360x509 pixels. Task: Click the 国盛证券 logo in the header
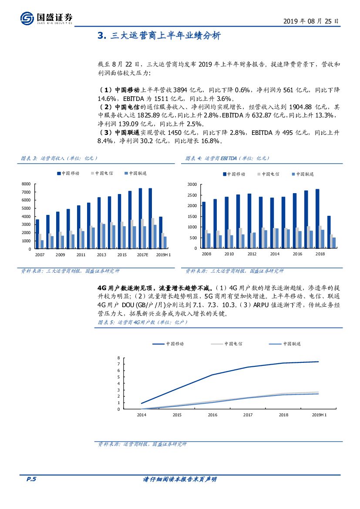tap(46, 17)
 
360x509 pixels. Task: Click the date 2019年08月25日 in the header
tap(310, 21)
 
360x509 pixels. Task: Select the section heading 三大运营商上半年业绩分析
tap(165, 36)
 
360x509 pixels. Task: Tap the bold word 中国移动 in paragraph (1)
tap(128, 90)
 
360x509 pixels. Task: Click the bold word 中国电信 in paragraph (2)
tap(128, 107)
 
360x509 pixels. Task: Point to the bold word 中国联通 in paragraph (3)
tap(128, 132)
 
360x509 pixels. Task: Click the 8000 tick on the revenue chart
tap(26, 184)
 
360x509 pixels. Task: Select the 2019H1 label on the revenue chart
tap(163, 254)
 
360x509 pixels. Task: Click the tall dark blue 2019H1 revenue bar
tap(161, 233)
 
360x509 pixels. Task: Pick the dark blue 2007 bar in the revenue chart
tap(37, 234)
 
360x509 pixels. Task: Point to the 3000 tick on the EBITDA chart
tap(192, 184)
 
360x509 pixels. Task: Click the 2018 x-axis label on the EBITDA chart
tap(320, 254)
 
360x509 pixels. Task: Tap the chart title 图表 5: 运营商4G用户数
tap(141, 322)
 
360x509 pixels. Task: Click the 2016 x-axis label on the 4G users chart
tap(212, 415)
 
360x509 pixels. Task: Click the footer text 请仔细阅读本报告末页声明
tap(180, 479)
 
